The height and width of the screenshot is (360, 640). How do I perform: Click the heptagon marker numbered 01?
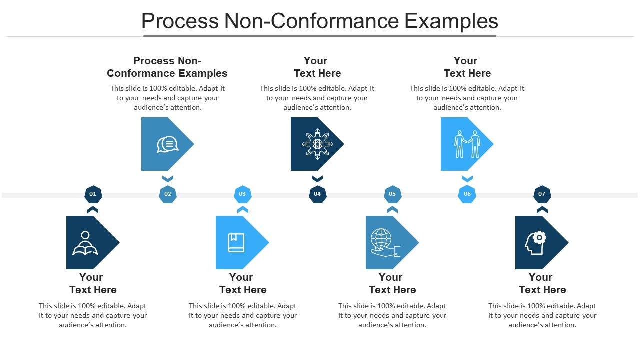coord(93,194)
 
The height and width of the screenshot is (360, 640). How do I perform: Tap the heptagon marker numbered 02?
coord(168,194)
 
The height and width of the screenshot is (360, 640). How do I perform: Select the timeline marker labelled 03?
coord(242,194)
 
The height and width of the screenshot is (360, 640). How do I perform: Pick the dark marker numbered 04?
coord(317,194)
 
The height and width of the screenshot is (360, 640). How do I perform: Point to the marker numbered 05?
coord(392,194)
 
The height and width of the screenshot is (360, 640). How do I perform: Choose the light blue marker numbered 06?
coord(467,194)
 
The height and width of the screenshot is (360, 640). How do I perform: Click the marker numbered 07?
coord(542,194)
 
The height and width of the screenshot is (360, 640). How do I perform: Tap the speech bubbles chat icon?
coord(167,144)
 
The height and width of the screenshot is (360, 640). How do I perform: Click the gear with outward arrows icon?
coord(317,144)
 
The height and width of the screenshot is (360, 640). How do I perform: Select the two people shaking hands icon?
coord(467,144)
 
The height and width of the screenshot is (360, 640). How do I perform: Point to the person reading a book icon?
coord(85,243)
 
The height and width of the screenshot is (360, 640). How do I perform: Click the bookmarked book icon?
coord(236,243)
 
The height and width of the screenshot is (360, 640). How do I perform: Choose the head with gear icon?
coord(535,243)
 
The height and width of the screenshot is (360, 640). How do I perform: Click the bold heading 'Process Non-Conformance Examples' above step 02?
coord(167,67)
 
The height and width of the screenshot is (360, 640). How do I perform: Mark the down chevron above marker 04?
coord(317,178)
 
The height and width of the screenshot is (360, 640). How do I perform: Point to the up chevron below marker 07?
coord(542,210)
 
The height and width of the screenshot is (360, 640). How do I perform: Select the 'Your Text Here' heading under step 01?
coord(92,283)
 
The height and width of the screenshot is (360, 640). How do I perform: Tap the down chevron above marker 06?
coord(467,178)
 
